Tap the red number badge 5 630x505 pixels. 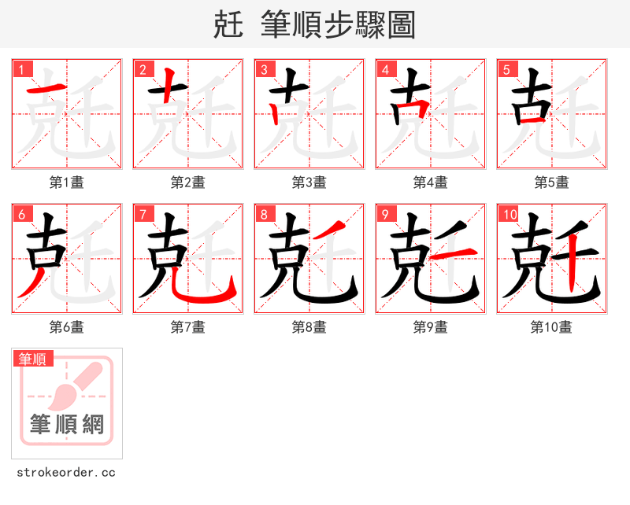(506, 69)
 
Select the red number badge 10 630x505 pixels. (509, 214)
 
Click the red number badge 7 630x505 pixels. (142, 214)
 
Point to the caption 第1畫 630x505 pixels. (67, 182)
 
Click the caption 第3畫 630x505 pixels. (309, 182)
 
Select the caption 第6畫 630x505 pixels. (67, 327)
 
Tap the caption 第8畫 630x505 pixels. (309, 327)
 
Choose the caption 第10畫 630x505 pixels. (551, 327)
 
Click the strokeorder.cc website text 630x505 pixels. (66, 473)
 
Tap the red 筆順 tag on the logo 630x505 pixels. (33, 359)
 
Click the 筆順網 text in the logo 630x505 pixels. (67, 426)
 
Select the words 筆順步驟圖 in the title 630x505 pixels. (332, 25)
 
